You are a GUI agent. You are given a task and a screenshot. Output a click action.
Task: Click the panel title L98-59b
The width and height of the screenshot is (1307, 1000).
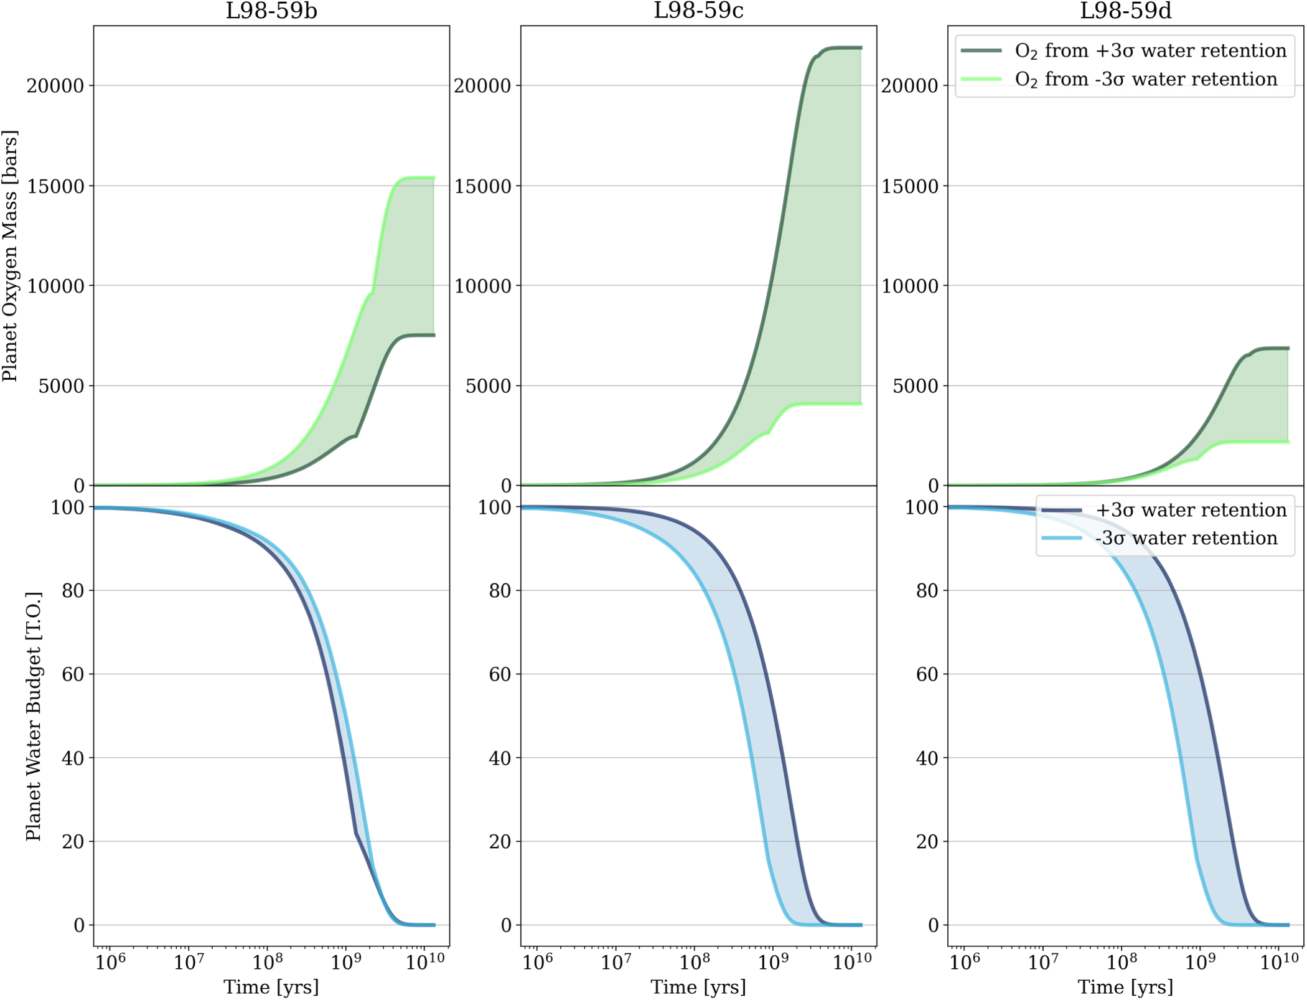(x=271, y=11)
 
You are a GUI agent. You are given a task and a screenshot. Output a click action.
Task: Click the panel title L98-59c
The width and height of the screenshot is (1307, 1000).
(x=698, y=11)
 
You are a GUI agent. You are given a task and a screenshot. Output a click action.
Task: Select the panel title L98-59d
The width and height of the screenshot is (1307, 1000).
(x=1125, y=11)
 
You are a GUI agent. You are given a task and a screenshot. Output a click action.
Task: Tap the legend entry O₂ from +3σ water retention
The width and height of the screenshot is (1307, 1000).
(x=1150, y=50)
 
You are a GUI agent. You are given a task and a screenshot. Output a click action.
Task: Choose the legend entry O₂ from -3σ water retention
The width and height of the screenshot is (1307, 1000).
(x=1145, y=79)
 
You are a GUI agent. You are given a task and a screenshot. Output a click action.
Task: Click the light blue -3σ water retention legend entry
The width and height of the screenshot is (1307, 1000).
(x=1186, y=538)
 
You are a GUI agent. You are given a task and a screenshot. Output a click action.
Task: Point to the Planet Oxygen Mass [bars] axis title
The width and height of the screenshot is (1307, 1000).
(x=10, y=255)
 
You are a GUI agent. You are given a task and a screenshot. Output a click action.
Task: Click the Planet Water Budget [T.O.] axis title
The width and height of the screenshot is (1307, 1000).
(x=34, y=716)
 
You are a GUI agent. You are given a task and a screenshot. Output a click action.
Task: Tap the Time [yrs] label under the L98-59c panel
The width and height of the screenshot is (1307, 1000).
(x=698, y=987)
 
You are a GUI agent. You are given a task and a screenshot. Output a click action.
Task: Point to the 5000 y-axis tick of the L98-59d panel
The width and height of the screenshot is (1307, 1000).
(x=917, y=386)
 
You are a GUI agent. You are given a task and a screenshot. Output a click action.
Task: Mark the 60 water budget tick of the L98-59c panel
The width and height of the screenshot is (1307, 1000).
(x=500, y=674)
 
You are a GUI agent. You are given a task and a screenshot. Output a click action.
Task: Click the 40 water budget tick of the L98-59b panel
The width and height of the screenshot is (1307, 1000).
(x=73, y=758)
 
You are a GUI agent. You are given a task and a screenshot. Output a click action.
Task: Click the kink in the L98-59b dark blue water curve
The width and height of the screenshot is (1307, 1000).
(x=355, y=834)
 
